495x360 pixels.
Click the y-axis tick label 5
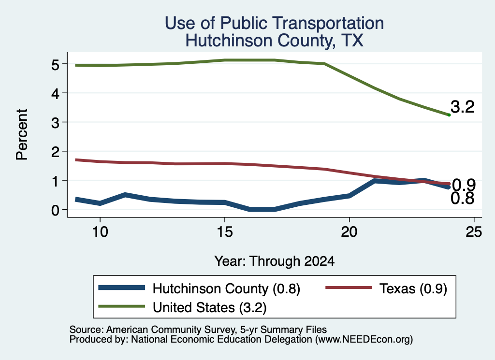pos(55,65)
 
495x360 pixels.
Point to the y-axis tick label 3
pos(55,123)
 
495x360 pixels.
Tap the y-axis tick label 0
pos(55,210)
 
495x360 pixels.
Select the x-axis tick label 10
pos(100,232)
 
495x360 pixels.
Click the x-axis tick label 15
pos(225,232)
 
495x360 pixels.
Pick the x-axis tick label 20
pos(349,232)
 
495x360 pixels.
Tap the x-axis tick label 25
pos(474,232)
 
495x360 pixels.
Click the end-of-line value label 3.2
pos(463,107)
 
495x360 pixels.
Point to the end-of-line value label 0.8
pos(463,199)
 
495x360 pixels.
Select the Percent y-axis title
pos(22,134)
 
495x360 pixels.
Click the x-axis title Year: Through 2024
pos(275,261)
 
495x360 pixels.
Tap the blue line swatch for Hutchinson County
pos(121,288)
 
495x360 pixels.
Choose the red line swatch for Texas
pos(349,288)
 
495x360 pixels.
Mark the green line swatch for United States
pos(121,306)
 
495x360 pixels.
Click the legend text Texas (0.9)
pos(413,288)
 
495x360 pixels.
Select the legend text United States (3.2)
pos(210,308)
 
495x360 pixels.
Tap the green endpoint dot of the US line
pos(449,115)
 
